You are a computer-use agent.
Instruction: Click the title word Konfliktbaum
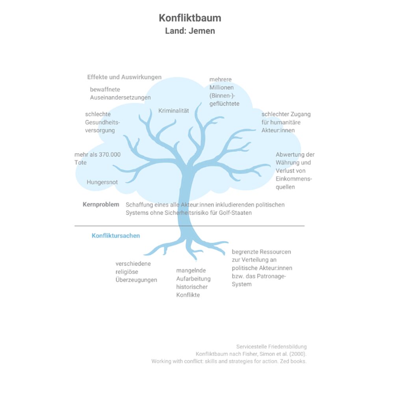point(190,18)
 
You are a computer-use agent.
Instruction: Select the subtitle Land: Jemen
point(190,31)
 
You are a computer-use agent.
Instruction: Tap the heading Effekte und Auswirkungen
point(125,77)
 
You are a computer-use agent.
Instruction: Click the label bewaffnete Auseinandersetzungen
point(120,93)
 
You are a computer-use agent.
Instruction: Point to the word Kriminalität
point(174,111)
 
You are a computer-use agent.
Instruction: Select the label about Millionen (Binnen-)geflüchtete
point(225,91)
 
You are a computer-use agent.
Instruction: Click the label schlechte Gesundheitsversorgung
point(102,123)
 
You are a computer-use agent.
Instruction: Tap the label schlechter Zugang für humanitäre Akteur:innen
point(286,123)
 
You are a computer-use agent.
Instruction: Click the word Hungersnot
point(102,182)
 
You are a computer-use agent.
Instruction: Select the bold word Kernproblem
point(101,204)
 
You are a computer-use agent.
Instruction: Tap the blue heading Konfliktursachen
point(116,236)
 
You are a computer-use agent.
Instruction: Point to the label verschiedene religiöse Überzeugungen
point(136,272)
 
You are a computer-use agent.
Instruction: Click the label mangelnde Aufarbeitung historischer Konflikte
point(193,282)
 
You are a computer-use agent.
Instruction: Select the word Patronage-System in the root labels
point(259,280)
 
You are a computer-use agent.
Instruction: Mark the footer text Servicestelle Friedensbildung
point(271,347)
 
